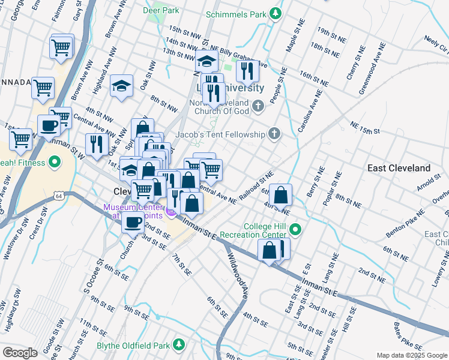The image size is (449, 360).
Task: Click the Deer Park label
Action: point(161,11)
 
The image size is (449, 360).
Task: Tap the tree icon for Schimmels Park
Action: point(276,13)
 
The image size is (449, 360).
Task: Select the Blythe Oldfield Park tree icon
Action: point(178,344)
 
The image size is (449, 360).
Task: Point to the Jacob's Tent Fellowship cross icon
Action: point(274,134)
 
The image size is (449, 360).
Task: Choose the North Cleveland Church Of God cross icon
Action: point(258,107)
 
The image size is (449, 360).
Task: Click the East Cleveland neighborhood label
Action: point(399,168)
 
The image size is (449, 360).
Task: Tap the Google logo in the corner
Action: point(20,352)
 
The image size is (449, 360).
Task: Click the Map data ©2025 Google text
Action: point(411,355)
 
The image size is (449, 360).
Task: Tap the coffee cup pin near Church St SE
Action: point(133,222)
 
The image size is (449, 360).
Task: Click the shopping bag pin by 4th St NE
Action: point(280,195)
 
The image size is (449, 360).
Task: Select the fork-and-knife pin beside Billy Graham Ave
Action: point(247,71)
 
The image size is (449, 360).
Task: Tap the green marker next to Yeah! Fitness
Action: point(54,161)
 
